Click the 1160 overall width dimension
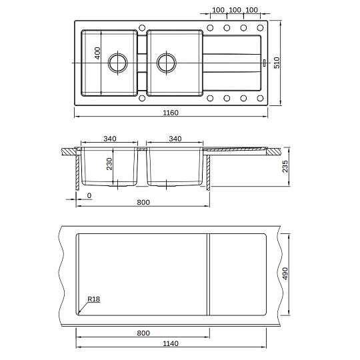click(x=171, y=113)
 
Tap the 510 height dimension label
click(x=277, y=63)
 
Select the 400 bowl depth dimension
click(x=97, y=53)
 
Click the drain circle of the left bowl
click(x=118, y=63)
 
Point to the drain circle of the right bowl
click(x=167, y=63)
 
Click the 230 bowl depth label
click(x=109, y=164)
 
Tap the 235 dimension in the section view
click(x=285, y=167)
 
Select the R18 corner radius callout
click(x=94, y=299)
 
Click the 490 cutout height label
click(x=285, y=273)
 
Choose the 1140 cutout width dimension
click(x=171, y=343)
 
